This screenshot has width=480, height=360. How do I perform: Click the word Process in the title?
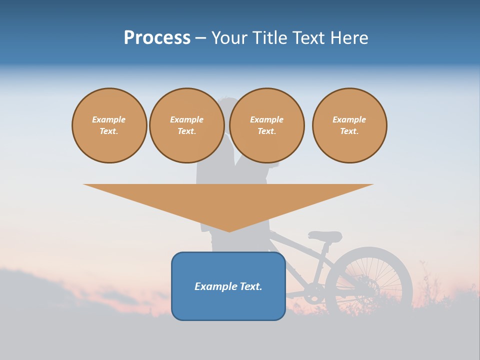[x=157, y=37]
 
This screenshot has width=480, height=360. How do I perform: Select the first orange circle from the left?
[x=109, y=125]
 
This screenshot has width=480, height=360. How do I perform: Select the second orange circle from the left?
[x=186, y=125]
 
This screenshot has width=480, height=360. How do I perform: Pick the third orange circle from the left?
[x=266, y=125]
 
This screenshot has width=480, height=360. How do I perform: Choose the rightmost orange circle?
[x=349, y=125]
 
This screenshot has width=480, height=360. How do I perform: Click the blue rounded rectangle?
[x=228, y=305]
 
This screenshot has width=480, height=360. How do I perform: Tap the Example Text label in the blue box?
[x=228, y=286]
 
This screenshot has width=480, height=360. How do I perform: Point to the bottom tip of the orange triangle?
[x=229, y=231]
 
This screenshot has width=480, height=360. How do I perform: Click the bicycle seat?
[x=325, y=236]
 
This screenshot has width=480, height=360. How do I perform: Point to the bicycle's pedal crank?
[x=311, y=295]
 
